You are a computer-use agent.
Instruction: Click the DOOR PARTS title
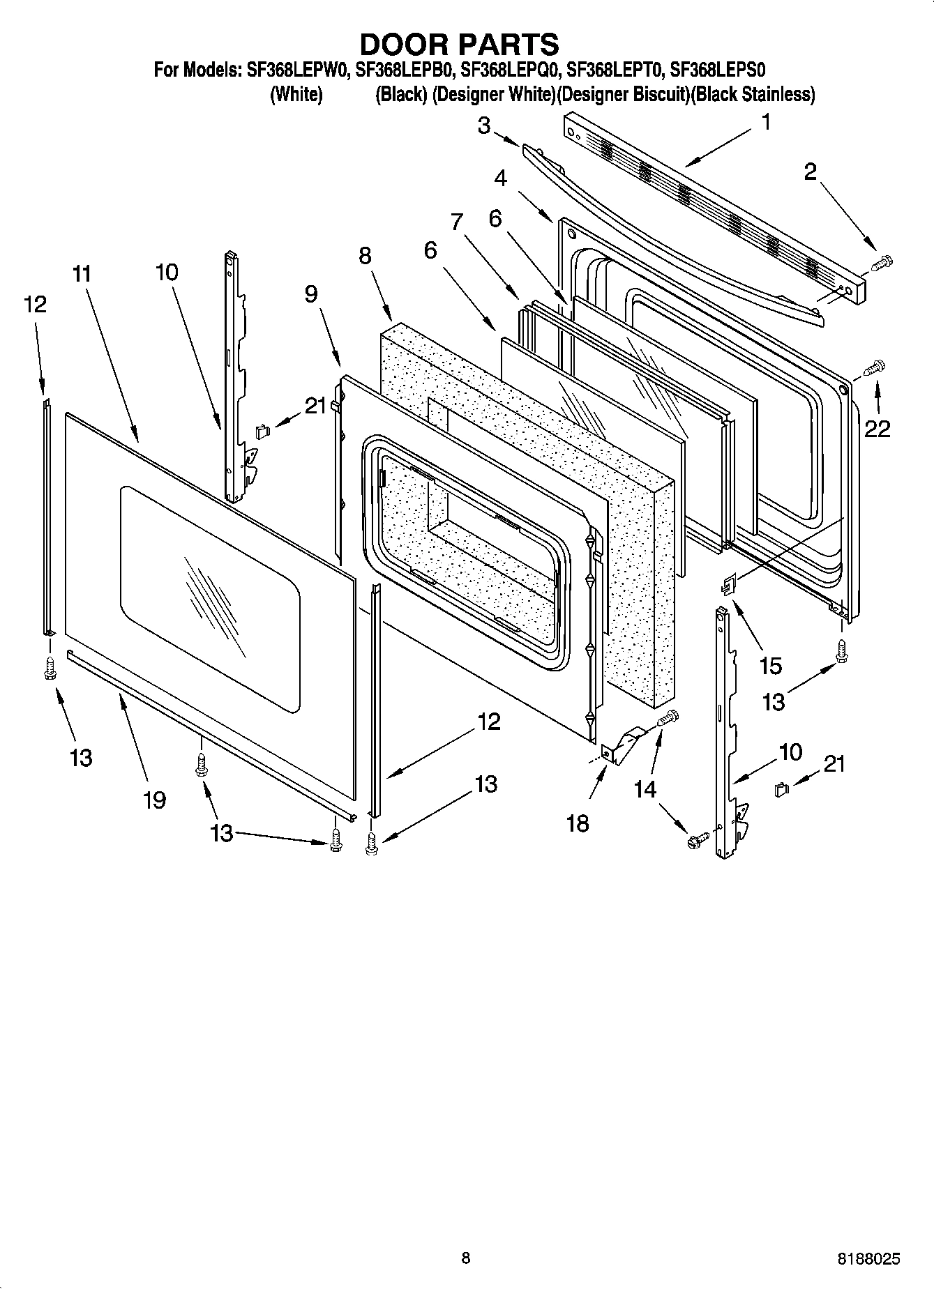pyautogui.click(x=458, y=44)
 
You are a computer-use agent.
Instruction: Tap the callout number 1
pyautogui.click(x=766, y=123)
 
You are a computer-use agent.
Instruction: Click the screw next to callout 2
pyautogui.click(x=882, y=263)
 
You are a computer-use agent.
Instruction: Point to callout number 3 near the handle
pyautogui.click(x=484, y=125)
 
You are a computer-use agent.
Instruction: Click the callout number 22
pyautogui.click(x=877, y=429)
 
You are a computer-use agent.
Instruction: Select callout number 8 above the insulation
pyautogui.click(x=365, y=256)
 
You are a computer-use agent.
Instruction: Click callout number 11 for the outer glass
pyautogui.click(x=82, y=274)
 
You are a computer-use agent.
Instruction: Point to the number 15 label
pyautogui.click(x=770, y=666)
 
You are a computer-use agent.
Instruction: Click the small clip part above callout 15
pyautogui.click(x=728, y=584)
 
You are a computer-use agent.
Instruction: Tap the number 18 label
pyautogui.click(x=578, y=823)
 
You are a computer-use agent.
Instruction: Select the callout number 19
pyautogui.click(x=154, y=799)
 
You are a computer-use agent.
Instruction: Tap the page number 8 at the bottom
pyautogui.click(x=466, y=1258)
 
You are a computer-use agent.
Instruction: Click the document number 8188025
pyautogui.click(x=868, y=1258)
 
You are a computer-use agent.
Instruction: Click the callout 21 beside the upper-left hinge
pyautogui.click(x=316, y=405)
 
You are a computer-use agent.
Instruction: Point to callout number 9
pyautogui.click(x=311, y=293)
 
